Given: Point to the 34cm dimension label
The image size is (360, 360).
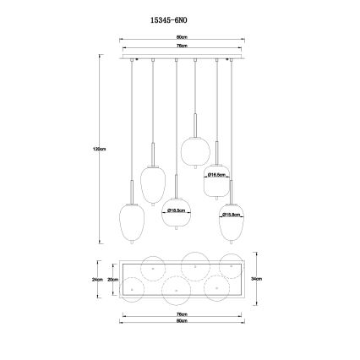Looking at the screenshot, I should coord(265,278).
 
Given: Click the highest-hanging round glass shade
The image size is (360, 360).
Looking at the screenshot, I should coord(194,148).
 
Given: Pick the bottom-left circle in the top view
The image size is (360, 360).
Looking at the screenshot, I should coord(134,289).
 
